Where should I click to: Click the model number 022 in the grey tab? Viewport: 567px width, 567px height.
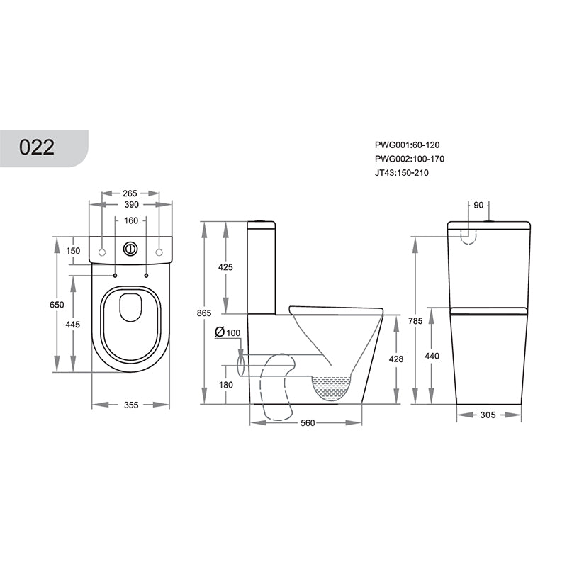(x=37, y=147)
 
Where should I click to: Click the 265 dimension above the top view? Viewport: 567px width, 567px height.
(x=129, y=193)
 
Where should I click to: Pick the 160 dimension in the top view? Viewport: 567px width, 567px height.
(x=130, y=220)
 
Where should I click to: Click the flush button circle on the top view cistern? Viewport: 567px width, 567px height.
(x=130, y=249)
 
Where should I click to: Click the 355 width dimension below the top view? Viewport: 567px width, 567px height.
(x=130, y=405)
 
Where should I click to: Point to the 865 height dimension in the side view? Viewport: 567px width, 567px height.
(x=204, y=312)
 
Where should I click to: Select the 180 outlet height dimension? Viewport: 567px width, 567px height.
(x=226, y=385)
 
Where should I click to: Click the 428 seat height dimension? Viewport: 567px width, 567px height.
(x=396, y=359)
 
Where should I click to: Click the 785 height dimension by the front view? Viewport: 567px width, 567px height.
(x=415, y=321)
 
